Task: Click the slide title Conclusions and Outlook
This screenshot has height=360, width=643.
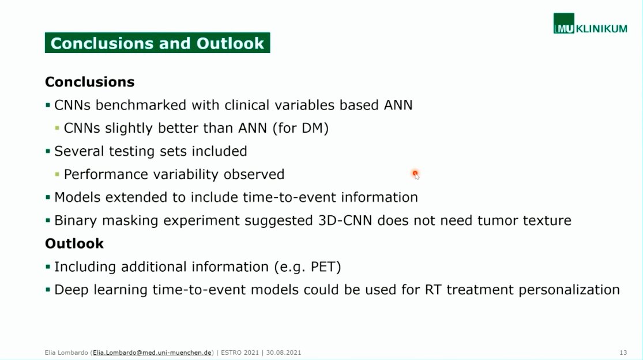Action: tap(157, 43)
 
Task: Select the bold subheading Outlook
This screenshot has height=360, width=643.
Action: tap(74, 243)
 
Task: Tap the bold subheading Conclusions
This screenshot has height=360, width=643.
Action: tap(89, 82)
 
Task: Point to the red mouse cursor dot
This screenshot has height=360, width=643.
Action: tap(415, 173)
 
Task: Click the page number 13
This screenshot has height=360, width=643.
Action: tap(623, 352)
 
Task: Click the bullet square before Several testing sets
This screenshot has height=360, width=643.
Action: tap(48, 151)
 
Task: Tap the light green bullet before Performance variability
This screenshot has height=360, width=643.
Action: tap(57, 174)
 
